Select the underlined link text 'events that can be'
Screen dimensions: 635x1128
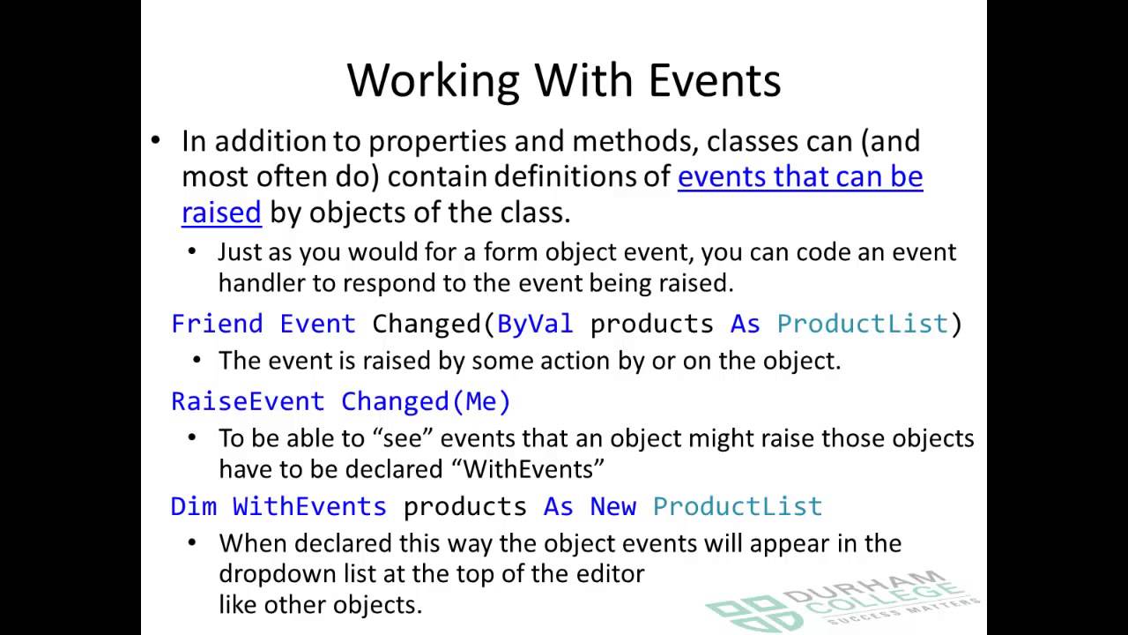(x=799, y=176)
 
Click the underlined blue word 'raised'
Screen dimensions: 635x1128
(x=221, y=213)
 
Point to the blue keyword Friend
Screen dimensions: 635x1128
(x=217, y=324)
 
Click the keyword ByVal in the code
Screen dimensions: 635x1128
(x=535, y=324)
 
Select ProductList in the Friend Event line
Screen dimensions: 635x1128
(x=862, y=324)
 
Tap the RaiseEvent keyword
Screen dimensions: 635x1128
(x=248, y=401)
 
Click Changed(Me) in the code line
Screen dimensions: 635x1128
(x=426, y=401)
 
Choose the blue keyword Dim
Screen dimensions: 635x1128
(x=193, y=506)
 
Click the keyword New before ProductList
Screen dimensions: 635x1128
(x=612, y=506)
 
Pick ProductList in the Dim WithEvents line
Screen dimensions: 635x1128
(x=737, y=506)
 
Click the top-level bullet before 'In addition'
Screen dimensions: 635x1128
(x=156, y=141)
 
